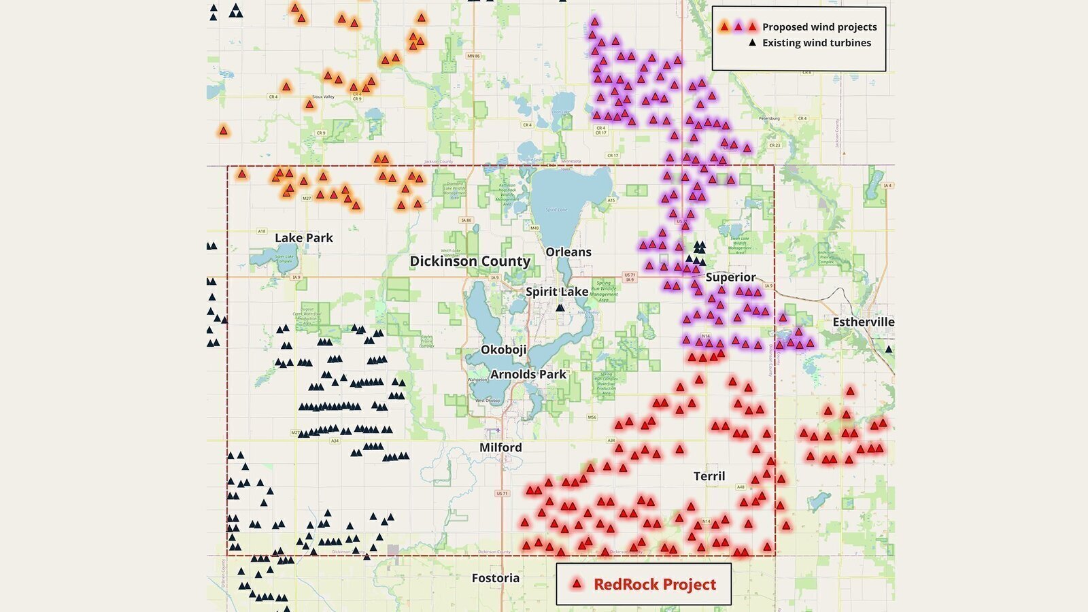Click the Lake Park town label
303,238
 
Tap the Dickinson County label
470,261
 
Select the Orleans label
568,252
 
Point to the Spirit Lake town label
557,292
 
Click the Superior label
730,277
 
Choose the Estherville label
863,322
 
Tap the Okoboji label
503,350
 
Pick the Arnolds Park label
528,374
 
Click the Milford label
500,447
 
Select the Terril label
709,476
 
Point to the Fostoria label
495,578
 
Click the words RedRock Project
654,584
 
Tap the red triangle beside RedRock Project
577,583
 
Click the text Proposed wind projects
819,27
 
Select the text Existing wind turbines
816,43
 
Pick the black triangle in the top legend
752,43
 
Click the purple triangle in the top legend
738,27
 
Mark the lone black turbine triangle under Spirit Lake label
560,307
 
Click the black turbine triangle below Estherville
888,349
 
